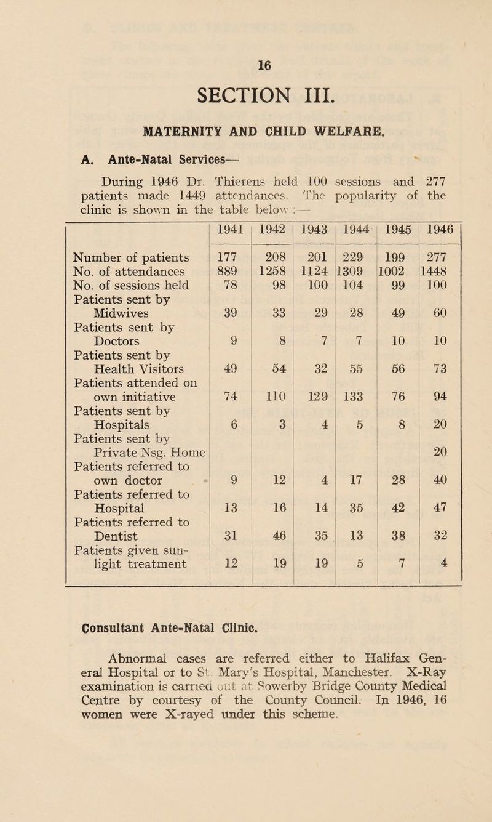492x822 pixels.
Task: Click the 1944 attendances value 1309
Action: pos(351,269)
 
